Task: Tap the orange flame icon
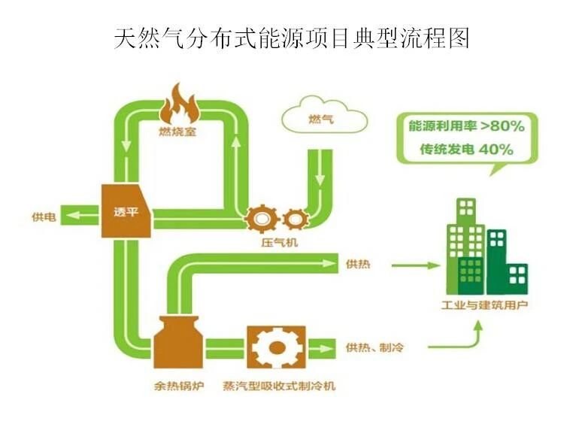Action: pyautogui.click(x=177, y=106)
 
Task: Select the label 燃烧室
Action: pyautogui.click(x=177, y=133)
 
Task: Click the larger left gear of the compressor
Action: pyautogui.click(x=262, y=218)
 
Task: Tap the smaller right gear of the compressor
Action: pyautogui.click(x=296, y=218)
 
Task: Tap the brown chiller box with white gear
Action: pyautogui.click(x=275, y=347)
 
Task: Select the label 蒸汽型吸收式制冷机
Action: pyautogui.click(x=279, y=387)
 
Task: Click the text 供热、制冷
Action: pyautogui.click(x=375, y=348)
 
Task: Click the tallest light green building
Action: pyautogui.click(x=465, y=244)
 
